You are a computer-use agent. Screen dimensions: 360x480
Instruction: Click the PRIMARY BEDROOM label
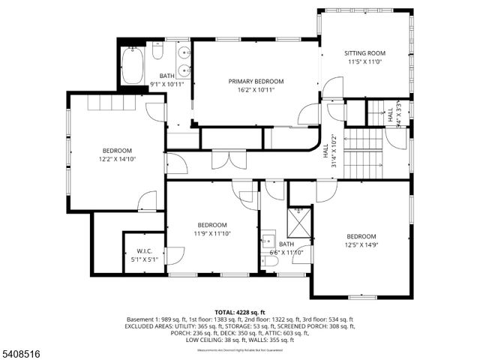point(256,81)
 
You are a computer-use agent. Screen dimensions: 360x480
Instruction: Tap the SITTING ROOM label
point(364,53)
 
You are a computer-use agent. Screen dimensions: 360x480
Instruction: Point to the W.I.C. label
point(145,251)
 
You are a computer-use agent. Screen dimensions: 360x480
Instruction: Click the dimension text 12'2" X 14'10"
point(117,159)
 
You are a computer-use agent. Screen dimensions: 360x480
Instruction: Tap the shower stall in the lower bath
point(299,223)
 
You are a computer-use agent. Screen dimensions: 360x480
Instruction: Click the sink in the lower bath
point(268,241)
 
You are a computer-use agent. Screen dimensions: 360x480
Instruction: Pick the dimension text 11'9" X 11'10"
point(212,233)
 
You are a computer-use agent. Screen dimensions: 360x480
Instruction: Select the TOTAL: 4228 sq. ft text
point(239,311)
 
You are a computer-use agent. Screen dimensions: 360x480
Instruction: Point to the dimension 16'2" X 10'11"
point(256,90)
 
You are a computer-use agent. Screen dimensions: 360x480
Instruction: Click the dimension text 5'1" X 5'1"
point(145,260)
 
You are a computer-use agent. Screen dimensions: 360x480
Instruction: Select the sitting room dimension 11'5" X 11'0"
point(364,62)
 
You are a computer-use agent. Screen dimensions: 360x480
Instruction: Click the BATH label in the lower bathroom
point(286,244)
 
